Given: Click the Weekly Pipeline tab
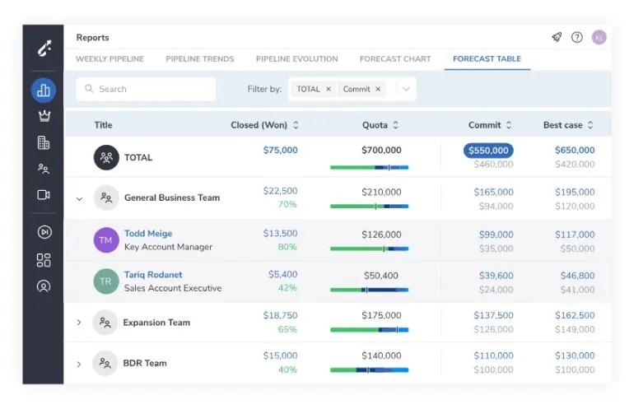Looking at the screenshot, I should (110, 59).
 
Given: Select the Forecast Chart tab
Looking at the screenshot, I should (395, 59).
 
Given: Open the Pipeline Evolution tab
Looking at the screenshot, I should (296, 59).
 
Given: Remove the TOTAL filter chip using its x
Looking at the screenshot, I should (329, 89).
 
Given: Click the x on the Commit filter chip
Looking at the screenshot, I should (378, 89).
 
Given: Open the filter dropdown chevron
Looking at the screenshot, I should (406, 89).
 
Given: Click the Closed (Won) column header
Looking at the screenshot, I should (259, 125).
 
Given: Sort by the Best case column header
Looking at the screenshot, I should (563, 125).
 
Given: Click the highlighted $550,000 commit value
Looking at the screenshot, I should (489, 151).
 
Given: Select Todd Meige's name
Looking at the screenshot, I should (148, 234).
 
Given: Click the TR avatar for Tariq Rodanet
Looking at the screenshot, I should (106, 281).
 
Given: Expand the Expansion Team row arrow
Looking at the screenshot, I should (79, 323).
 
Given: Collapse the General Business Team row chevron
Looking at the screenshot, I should (80, 198).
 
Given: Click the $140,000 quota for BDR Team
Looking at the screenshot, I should (381, 356).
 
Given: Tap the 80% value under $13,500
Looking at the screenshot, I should (287, 247).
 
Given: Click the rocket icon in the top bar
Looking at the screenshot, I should (557, 37).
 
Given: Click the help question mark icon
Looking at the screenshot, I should (577, 37).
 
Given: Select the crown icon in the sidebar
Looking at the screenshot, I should (44, 116).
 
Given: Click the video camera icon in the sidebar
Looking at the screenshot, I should (44, 195).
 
